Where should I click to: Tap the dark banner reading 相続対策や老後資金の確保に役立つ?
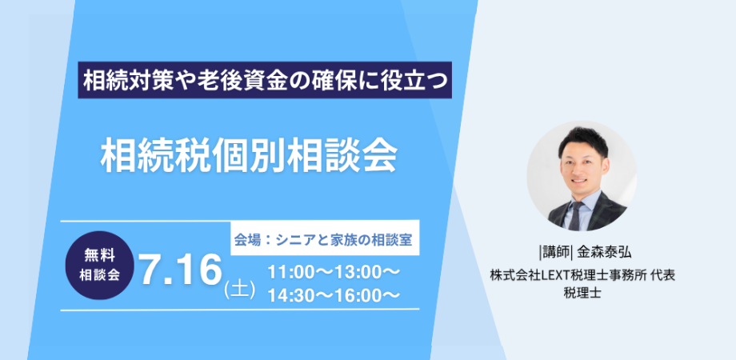point(265,80)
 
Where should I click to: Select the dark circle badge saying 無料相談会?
point(99,265)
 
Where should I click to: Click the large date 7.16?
point(181,270)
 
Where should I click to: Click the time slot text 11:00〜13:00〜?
point(334,272)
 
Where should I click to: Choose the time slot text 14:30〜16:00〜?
point(334,294)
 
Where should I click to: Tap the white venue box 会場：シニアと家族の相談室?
point(325,238)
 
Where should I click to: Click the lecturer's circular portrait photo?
point(582,176)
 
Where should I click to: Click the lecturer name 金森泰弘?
point(605,253)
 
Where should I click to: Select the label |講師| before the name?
point(556,253)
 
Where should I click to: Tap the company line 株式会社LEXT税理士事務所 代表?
point(582,275)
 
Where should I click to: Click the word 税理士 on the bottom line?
point(582,293)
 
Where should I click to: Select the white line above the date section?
point(146,221)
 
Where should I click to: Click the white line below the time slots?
point(240,310)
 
